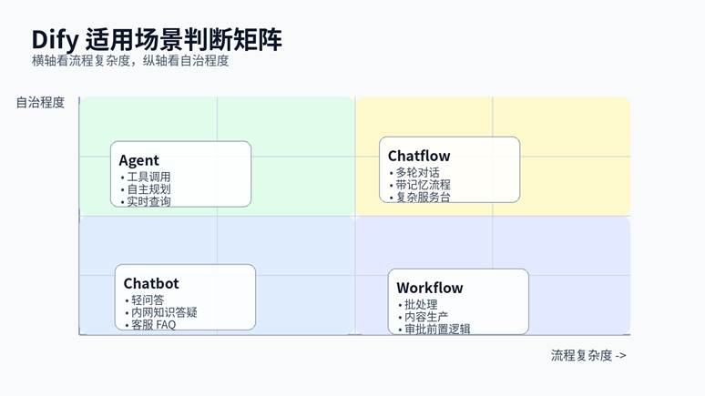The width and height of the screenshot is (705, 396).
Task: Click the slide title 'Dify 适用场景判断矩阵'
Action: pyautogui.click(x=157, y=39)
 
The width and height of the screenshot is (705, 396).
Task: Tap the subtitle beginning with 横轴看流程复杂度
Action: pyautogui.click(x=129, y=61)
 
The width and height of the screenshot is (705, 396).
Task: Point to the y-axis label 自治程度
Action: pyautogui.click(x=40, y=103)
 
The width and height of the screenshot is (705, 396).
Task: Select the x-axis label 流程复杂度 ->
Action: pyautogui.click(x=588, y=355)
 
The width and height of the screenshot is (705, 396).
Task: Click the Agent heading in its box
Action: pyautogui.click(x=138, y=161)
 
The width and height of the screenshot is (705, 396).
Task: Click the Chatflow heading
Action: pyautogui.click(x=419, y=156)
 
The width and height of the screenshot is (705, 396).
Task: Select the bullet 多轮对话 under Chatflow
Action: pyautogui.click(x=417, y=172)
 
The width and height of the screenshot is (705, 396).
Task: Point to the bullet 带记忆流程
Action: pyautogui.click(x=423, y=185)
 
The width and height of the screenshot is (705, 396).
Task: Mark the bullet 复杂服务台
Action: pyautogui.click(x=423, y=197)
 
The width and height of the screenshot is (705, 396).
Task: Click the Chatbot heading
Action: pyautogui.click(x=151, y=283)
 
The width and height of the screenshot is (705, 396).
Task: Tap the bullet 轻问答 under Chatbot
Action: pyautogui.click(x=147, y=300)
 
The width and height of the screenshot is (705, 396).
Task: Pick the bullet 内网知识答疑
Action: pyautogui.click(x=164, y=312)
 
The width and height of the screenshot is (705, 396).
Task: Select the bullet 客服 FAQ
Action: pyautogui.click(x=153, y=324)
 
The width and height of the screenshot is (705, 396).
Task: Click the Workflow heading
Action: pyautogui.click(x=430, y=288)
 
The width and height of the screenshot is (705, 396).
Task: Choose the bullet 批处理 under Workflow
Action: pyautogui.click(x=420, y=304)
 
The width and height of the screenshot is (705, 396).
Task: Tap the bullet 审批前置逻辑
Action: pyautogui.click(x=437, y=329)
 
